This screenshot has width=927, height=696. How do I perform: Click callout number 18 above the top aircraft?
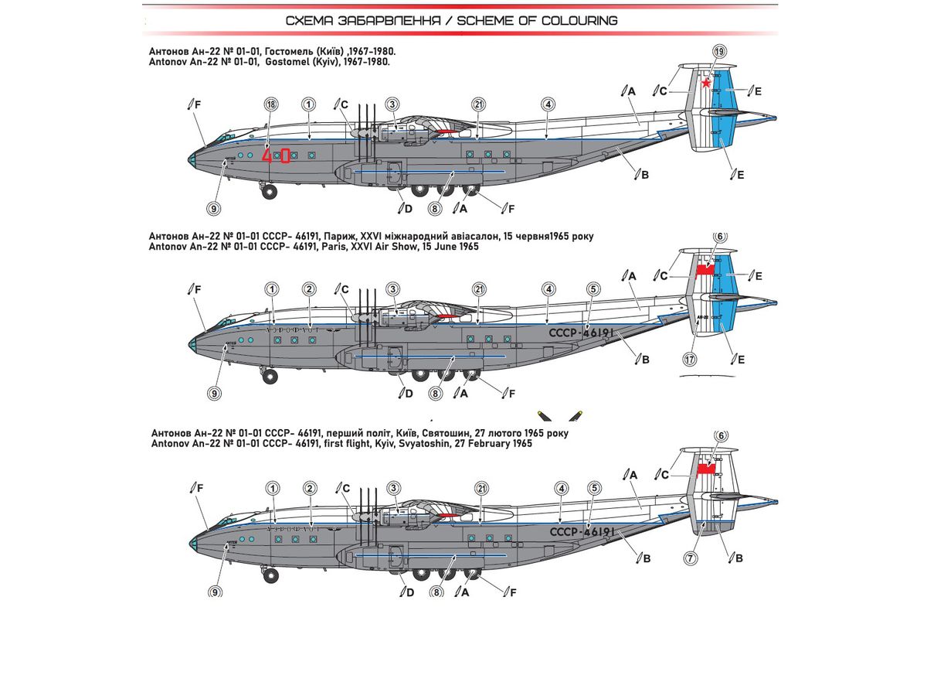pyautogui.click(x=270, y=104)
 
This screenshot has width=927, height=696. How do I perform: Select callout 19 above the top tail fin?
pyautogui.click(x=720, y=51)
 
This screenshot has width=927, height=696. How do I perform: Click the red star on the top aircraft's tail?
pyautogui.click(x=706, y=82)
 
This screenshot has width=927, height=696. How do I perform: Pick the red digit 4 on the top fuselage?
pyautogui.click(x=268, y=155)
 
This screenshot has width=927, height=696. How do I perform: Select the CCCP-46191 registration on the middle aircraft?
pyautogui.click(x=580, y=333)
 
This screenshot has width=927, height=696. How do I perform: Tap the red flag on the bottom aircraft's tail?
pyautogui.click(x=705, y=469)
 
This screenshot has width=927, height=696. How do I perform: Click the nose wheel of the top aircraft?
pyautogui.click(x=268, y=191)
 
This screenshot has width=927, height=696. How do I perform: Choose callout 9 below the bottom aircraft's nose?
pyautogui.click(x=215, y=592)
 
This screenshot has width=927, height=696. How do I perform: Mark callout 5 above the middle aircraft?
pyautogui.click(x=593, y=289)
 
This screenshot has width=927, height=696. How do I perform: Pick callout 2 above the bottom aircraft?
pyautogui.click(x=310, y=488)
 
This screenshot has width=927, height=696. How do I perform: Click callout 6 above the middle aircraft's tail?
pyautogui.click(x=720, y=237)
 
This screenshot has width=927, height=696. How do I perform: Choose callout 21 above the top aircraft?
pyautogui.click(x=480, y=104)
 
